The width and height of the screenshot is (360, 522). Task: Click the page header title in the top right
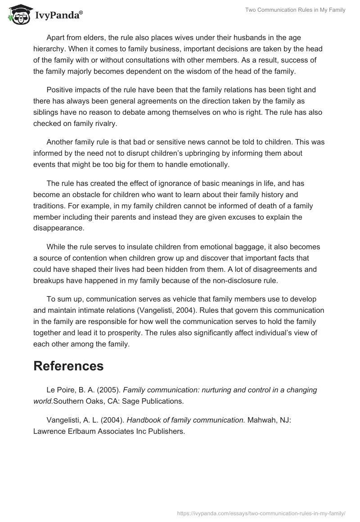[295, 10]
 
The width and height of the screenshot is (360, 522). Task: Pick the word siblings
[46, 112]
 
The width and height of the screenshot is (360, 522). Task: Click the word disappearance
[59, 228]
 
